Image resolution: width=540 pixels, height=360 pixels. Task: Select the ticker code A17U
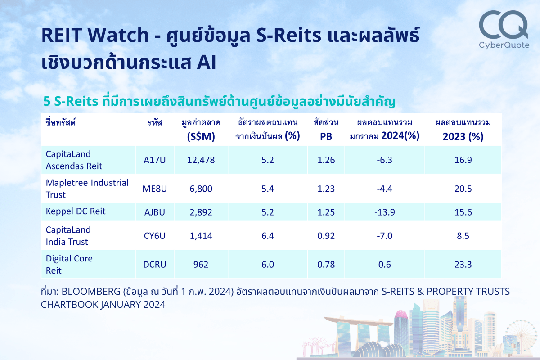(155, 160)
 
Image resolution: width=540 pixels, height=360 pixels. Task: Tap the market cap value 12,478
(201, 160)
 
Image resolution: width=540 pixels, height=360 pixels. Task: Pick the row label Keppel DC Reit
(76, 211)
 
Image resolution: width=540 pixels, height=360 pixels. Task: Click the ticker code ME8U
(155, 189)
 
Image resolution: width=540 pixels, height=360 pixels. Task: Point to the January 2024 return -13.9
(384, 212)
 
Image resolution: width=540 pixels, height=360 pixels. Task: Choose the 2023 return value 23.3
(463, 265)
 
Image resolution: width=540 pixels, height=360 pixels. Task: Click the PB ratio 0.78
(326, 265)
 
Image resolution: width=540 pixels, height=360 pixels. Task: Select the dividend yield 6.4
(267, 235)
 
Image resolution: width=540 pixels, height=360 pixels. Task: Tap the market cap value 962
(201, 265)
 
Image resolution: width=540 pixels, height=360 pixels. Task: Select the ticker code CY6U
(155, 235)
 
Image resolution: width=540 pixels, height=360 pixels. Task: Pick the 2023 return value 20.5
(463, 189)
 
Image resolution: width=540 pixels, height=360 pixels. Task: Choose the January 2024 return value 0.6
(384, 265)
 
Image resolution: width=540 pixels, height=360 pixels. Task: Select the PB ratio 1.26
(326, 160)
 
